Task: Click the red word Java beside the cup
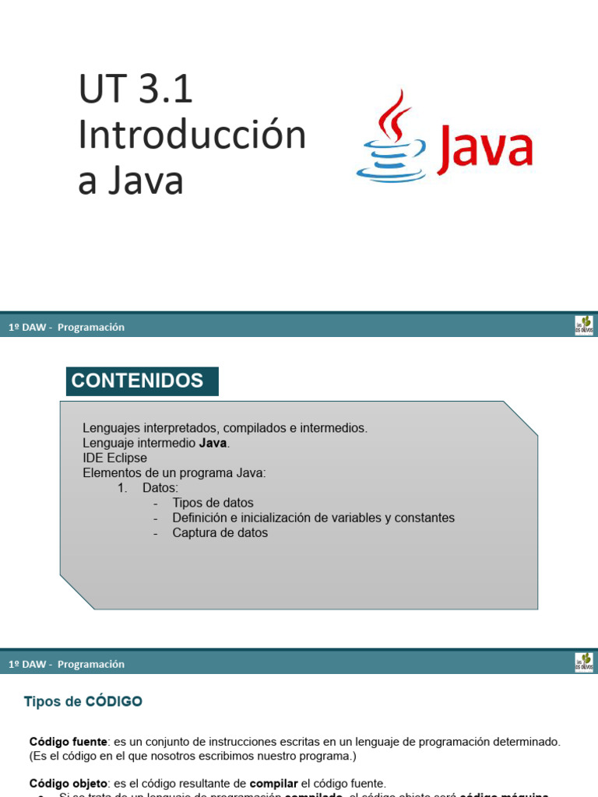click(484, 149)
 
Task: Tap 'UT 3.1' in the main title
click(135, 90)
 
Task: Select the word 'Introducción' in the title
click(192, 135)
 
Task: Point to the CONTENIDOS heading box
click(142, 381)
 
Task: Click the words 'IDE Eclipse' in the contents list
click(114, 458)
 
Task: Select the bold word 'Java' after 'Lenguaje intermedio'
click(213, 443)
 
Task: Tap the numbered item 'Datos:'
click(160, 488)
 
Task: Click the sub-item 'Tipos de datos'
click(213, 503)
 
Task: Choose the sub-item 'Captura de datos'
click(220, 533)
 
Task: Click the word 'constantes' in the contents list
click(424, 518)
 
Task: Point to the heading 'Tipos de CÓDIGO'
click(83, 701)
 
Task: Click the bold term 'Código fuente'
click(68, 742)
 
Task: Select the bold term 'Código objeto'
click(69, 783)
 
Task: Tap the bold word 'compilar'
click(273, 783)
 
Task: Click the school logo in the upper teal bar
click(584, 325)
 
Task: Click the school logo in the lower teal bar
click(584, 662)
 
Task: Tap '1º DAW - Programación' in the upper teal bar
click(66, 327)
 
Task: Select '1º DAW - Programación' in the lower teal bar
click(66, 664)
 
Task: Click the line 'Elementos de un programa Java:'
click(174, 472)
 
